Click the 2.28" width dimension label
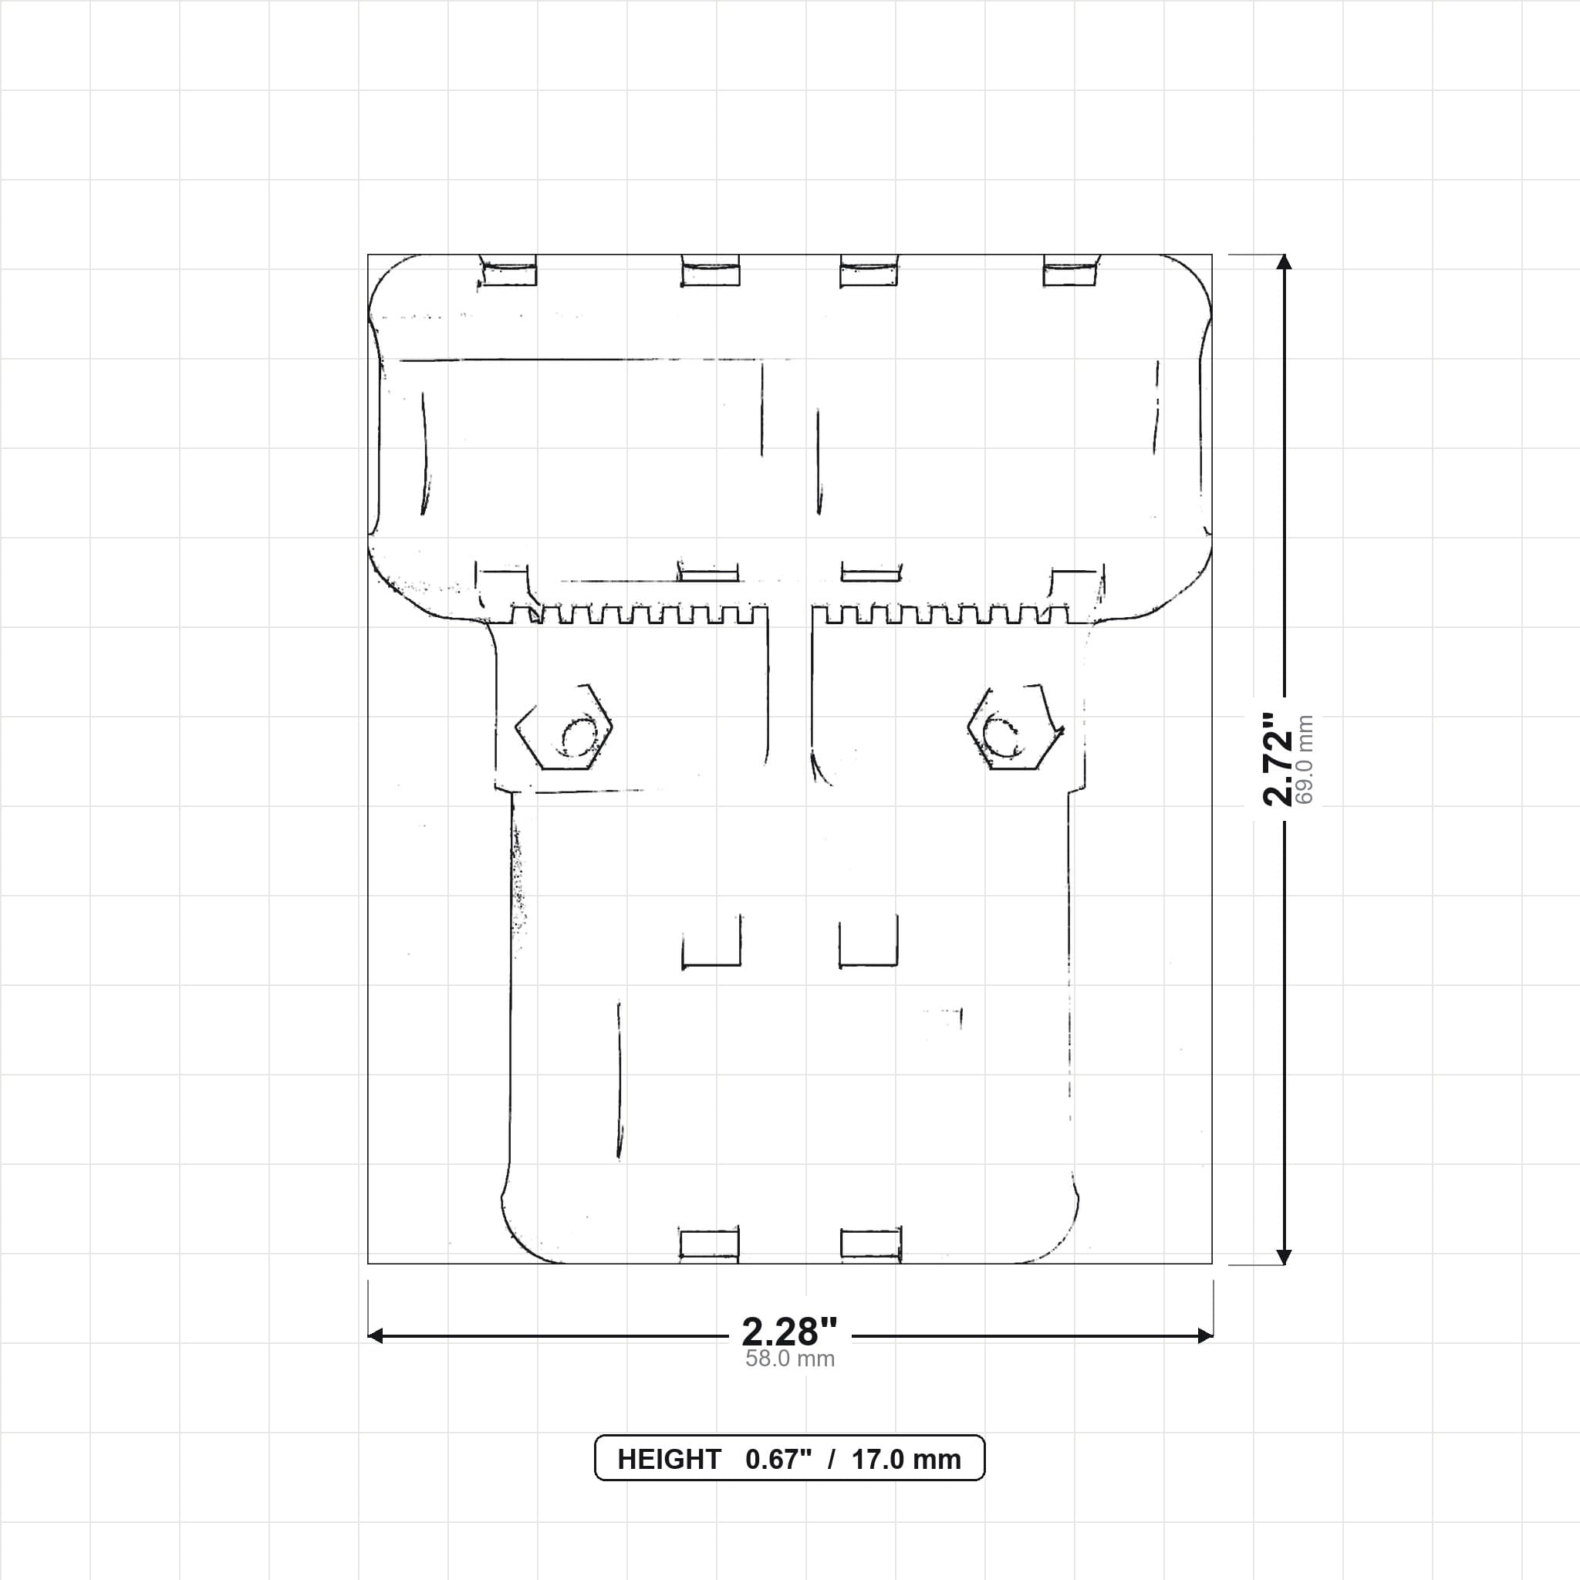(x=789, y=1332)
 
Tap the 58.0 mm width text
(x=790, y=1359)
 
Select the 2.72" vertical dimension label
(x=1278, y=759)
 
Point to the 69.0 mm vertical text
(x=1305, y=759)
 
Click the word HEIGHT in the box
(x=669, y=1460)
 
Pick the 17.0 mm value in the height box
(x=906, y=1460)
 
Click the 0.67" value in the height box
(x=778, y=1460)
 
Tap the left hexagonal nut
(x=564, y=727)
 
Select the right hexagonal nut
(x=1015, y=727)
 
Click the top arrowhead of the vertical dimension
(x=1284, y=262)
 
